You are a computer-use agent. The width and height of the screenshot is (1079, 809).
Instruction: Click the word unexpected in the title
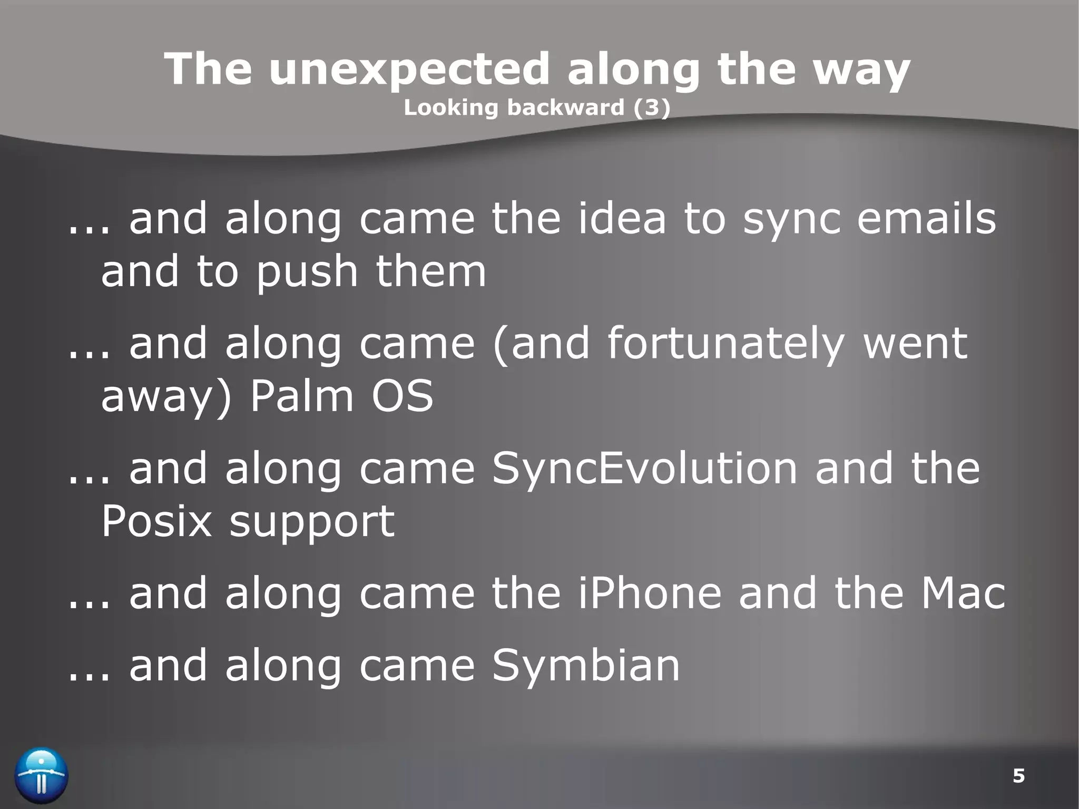[408, 70]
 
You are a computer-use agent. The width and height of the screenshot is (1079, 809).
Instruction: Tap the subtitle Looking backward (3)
[537, 108]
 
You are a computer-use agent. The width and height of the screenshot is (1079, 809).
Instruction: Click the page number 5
[1018, 776]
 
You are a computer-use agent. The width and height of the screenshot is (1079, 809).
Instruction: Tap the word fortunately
[725, 344]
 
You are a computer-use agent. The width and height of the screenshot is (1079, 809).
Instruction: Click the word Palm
[301, 396]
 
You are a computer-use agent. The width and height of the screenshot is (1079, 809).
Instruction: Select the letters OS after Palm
[402, 396]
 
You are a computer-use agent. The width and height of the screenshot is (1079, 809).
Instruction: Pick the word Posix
[156, 521]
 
